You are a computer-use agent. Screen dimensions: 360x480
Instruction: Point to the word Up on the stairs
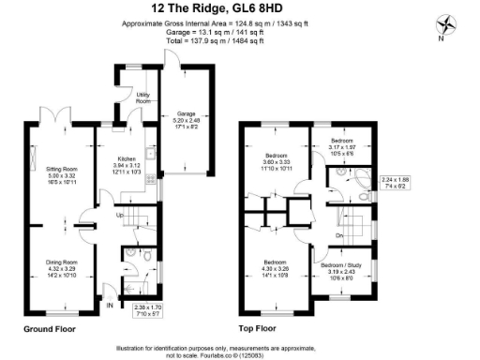click(119, 217)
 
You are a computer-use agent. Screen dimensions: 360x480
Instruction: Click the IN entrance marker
click(110, 305)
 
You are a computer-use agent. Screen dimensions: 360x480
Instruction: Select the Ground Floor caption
click(51, 330)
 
